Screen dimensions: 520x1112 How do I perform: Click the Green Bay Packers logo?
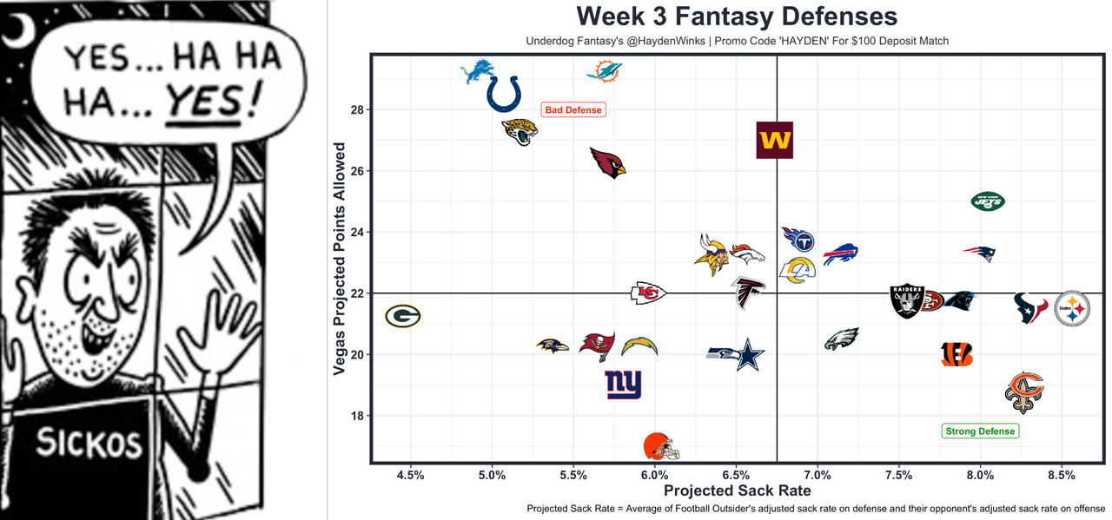click(403, 316)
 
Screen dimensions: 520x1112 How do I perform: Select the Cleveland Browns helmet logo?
click(661, 446)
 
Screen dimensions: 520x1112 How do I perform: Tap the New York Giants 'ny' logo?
click(623, 384)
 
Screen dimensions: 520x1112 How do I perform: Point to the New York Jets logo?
click(988, 201)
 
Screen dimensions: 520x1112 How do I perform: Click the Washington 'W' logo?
click(775, 141)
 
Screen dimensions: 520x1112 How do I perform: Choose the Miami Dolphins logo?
click(605, 70)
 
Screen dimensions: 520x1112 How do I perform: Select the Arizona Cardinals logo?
click(607, 162)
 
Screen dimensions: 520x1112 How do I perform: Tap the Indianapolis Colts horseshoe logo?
click(504, 94)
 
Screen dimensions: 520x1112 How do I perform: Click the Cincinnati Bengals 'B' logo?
click(956, 354)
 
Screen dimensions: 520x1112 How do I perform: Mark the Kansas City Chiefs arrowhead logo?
click(648, 293)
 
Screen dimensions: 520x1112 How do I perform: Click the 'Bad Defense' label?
click(572, 110)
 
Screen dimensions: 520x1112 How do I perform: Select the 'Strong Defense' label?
click(979, 431)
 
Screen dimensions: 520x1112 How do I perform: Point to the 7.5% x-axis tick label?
click(898, 476)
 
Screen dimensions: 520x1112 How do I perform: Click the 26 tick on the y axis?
click(358, 171)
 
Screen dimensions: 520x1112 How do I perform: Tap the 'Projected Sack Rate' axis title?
click(737, 491)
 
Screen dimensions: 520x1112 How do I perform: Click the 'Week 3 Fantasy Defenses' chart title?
click(737, 16)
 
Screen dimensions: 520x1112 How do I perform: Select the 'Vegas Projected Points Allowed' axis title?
click(340, 259)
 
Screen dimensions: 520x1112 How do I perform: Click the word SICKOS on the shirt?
click(89, 444)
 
